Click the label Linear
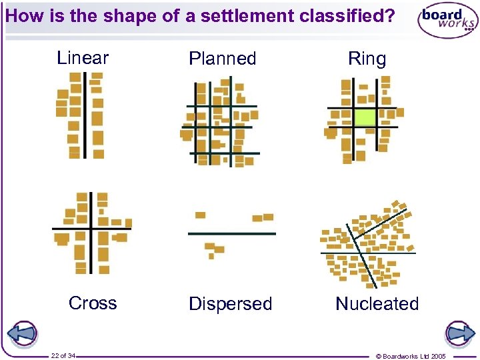pyautogui.click(x=83, y=58)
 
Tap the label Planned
pyautogui.click(x=223, y=59)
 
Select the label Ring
pyautogui.click(x=367, y=59)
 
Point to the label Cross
pyautogui.click(x=93, y=303)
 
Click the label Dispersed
pyautogui.click(x=231, y=304)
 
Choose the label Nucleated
pyautogui.click(x=377, y=304)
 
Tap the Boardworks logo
pyautogui.click(x=447, y=21)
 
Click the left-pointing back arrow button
pyautogui.click(x=23, y=333)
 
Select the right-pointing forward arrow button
pyautogui.click(x=459, y=333)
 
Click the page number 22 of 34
pyautogui.click(x=63, y=355)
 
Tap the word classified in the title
pyautogui.click(x=347, y=15)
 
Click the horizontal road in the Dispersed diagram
pyautogui.click(x=231, y=233)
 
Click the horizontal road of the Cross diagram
pyautogui.click(x=67, y=229)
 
